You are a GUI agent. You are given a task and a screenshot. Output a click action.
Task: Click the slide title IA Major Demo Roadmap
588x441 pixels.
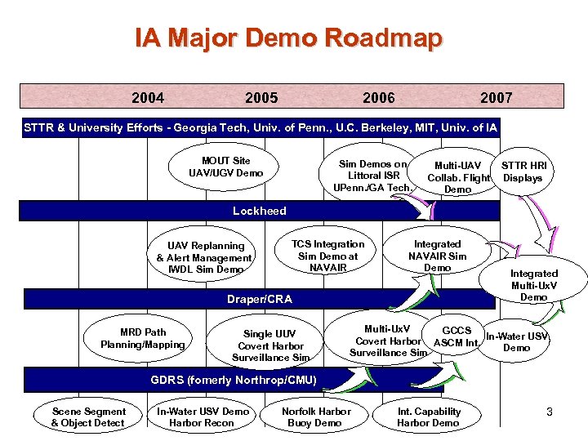[x=288, y=38]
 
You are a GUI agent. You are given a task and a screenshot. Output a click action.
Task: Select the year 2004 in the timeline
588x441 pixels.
[x=148, y=98]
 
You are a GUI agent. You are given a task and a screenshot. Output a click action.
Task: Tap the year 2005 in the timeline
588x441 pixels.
[x=261, y=98]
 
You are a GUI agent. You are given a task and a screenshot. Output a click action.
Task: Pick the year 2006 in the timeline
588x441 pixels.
[x=378, y=98]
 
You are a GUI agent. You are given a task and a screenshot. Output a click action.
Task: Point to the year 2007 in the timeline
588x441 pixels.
[x=496, y=98]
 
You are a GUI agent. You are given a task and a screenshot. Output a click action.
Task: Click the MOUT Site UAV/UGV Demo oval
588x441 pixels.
[x=225, y=167]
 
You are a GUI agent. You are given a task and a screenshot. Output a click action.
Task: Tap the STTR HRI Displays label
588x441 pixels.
[x=523, y=171]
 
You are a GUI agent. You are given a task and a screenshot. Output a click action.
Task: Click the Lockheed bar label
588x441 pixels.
[x=259, y=211]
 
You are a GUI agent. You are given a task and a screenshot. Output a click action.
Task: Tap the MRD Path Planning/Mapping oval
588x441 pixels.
[x=143, y=338]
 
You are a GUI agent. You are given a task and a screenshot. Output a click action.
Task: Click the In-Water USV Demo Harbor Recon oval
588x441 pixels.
[x=203, y=417]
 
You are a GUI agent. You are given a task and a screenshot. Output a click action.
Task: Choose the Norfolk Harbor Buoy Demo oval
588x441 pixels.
[x=315, y=417]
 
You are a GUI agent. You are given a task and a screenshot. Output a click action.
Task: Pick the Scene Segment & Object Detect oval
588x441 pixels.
[x=87, y=417]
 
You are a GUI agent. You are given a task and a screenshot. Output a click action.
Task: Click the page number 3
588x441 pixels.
[x=550, y=413]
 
